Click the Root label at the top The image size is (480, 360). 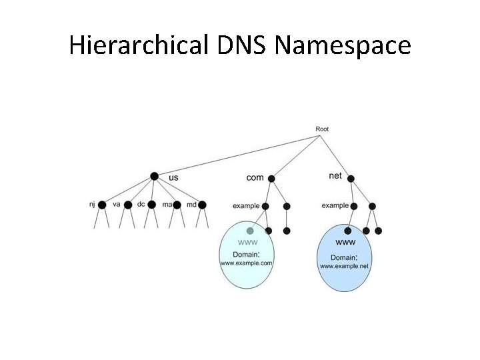pos(321,129)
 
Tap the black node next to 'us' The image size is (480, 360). pos(155,177)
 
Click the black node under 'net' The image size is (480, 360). pos(351,179)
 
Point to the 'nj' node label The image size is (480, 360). pos(92,204)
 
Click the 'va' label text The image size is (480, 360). pos(117,204)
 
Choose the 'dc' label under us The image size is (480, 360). pos(141,204)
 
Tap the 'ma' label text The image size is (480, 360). pos(167,204)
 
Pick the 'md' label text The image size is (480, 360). pos(191,204)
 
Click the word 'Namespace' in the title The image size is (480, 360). pos(343,46)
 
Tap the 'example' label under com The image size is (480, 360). pos(245,206)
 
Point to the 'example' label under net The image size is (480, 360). pos(335,206)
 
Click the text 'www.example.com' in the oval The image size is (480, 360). pos(246,263)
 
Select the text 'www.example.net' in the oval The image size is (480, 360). pos(344,266)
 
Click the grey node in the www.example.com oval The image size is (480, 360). pos(250,231)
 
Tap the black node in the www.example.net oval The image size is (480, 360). pos(347,231)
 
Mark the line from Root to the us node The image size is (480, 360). pos(238,156)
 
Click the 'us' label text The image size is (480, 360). pos(173,177)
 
